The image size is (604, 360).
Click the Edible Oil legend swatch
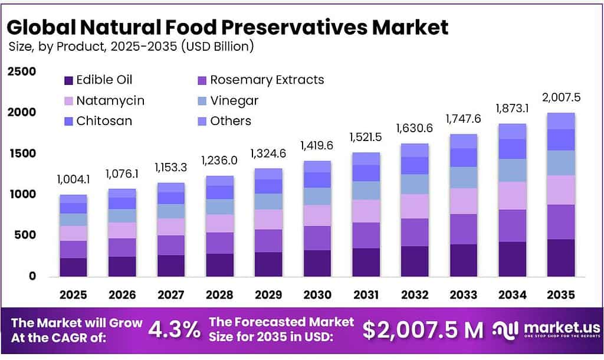pos(68,80)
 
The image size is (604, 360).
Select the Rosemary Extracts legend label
pos(267,80)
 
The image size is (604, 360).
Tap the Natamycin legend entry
pos(110,100)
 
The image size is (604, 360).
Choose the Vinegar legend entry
pos(234,100)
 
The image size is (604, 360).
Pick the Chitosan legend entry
pos(104,121)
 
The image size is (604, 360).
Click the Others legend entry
pos(230,121)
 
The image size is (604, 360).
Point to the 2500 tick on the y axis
pos(22,71)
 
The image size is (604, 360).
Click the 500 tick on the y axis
pos(26,235)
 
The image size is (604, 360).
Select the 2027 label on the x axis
pos(170,294)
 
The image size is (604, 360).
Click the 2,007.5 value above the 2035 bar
pos(561,97)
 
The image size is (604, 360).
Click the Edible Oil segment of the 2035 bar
pos(560,257)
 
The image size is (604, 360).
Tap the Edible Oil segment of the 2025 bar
pos(73,267)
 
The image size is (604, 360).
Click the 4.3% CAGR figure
pos(174,329)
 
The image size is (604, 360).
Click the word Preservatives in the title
pos(295,27)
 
